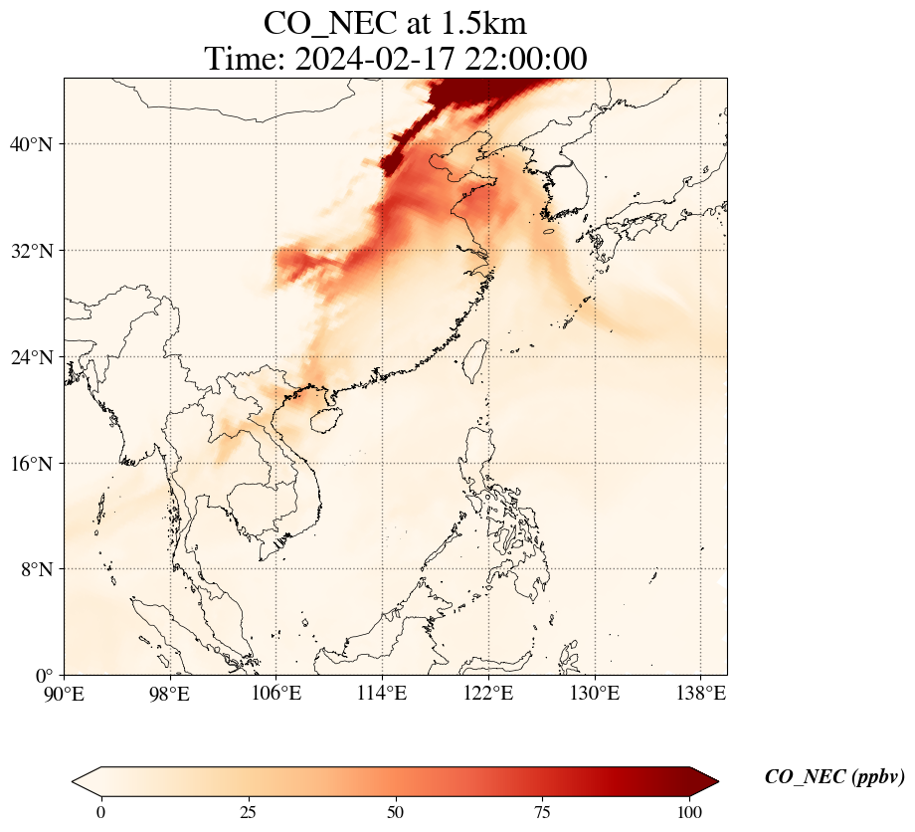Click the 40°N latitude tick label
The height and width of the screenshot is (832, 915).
[x=30, y=144]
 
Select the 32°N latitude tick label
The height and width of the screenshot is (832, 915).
[x=30, y=251]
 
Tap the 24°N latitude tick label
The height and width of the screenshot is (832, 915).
[x=30, y=357]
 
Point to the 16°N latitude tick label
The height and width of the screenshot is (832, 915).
[x=30, y=464]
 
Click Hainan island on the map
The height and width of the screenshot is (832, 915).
[x=324, y=419]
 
